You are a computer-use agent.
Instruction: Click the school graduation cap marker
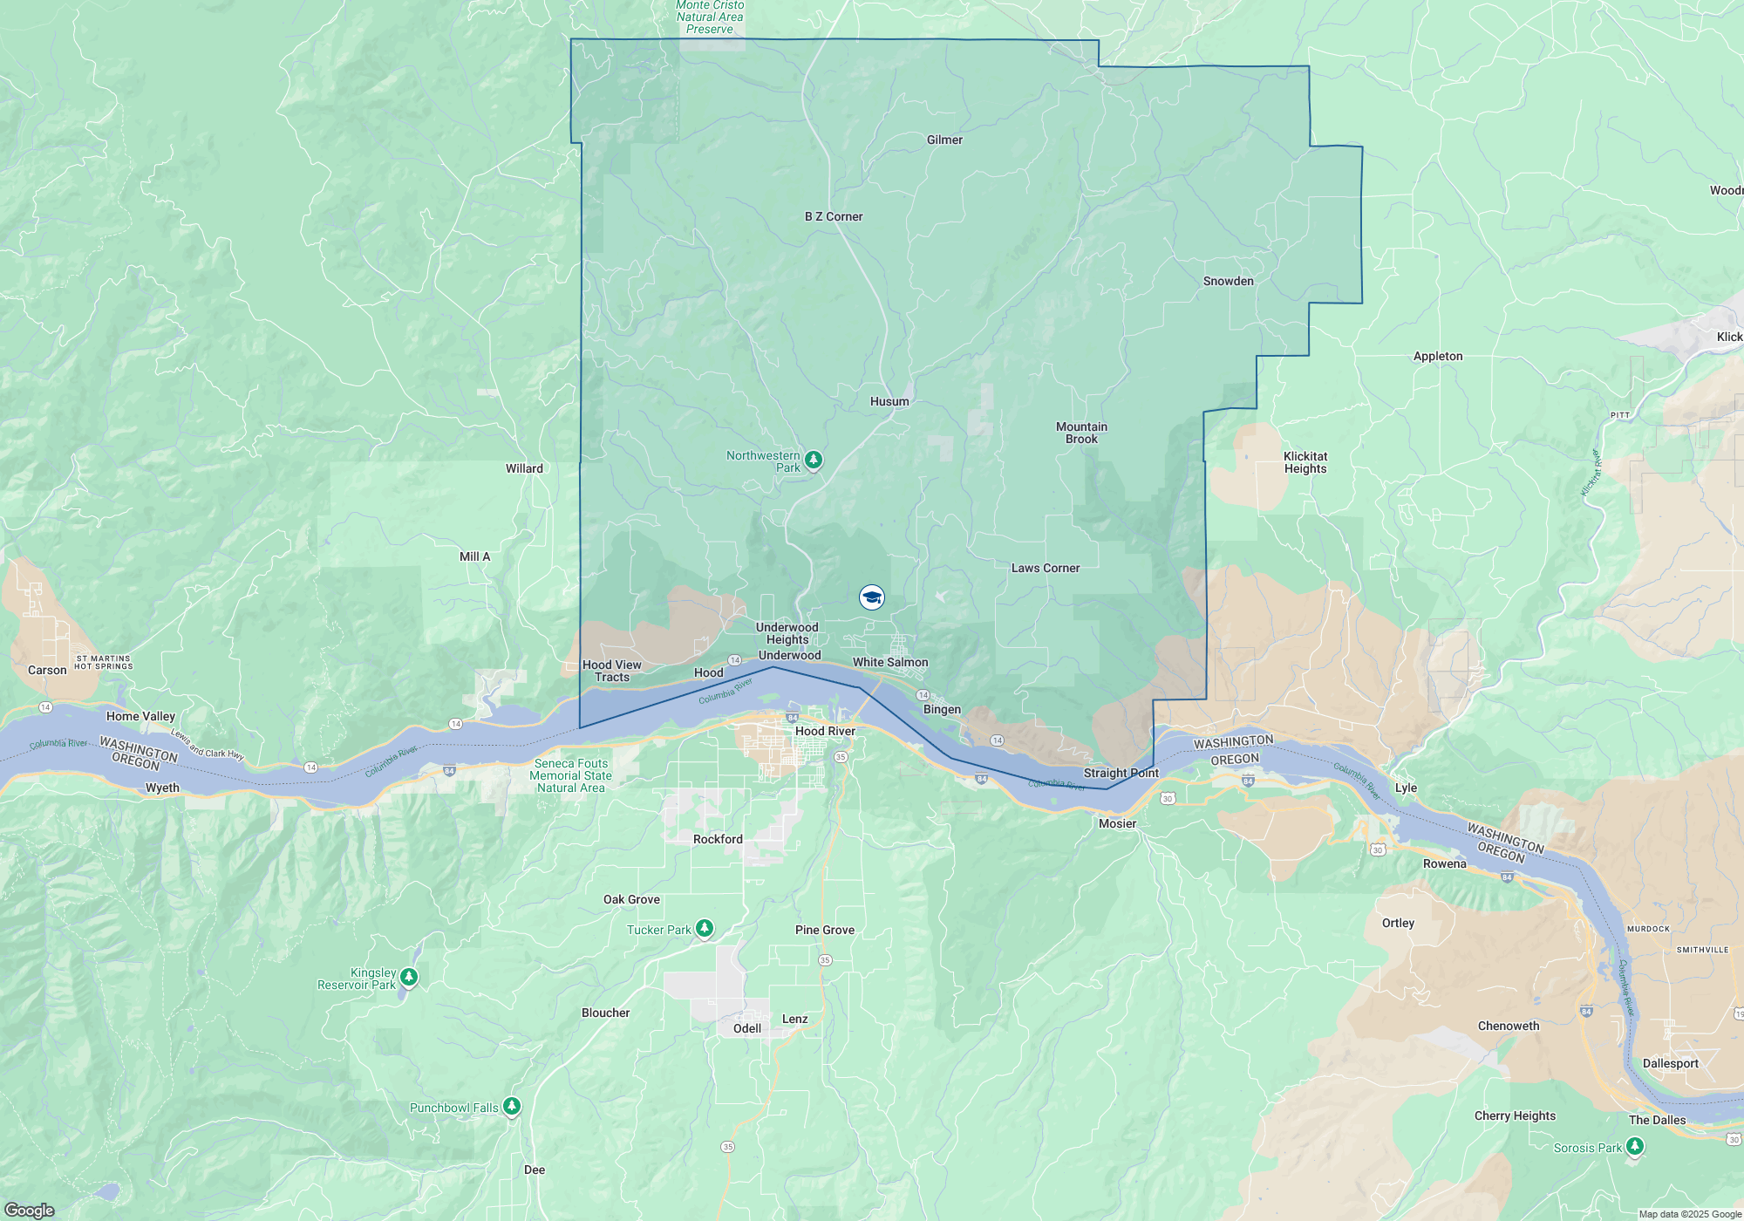tap(871, 597)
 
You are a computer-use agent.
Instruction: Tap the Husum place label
tap(889, 402)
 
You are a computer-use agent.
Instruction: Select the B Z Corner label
tap(833, 217)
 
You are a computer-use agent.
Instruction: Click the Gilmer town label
tap(944, 140)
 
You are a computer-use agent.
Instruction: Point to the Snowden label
tap(1228, 282)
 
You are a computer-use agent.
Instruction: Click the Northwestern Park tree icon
tap(814, 460)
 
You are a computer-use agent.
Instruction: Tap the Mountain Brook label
tap(1081, 433)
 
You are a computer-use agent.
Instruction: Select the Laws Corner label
tap(1045, 569)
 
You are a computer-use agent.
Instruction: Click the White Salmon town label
tap(889, 663)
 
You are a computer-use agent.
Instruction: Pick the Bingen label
tap(942, 710)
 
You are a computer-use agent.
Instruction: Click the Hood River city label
tap(824, 732)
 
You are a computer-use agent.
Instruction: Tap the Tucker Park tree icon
tap(705, 929)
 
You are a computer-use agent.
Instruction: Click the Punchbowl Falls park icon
tap(512, 1107)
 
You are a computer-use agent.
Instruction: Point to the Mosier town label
tap(1117, 824)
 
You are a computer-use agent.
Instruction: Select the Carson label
tap(47, 671)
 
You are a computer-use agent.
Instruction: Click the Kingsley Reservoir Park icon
tap(409, 977)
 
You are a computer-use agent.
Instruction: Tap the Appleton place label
tap(1437, 357)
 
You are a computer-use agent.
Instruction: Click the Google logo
tap(29, 1211)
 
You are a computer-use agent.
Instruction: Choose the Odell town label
tap(746, 1029)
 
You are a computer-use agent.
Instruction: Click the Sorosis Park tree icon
tap(1635, 1147)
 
